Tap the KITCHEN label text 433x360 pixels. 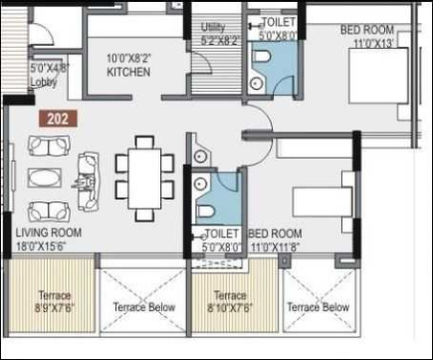[x=127, y=72]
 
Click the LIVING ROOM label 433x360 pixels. [x=48, y=233]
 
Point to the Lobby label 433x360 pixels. [x=44, y=82]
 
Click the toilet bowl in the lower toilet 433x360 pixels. [x=204, y=211]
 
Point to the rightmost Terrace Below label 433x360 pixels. [x=318, y=307]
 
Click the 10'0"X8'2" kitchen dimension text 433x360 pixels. [x=127, y=59]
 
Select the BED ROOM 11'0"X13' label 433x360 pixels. [x=368, y=36]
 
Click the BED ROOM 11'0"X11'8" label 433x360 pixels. [x=276, y=240]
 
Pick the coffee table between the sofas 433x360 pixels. [x=44, y=178]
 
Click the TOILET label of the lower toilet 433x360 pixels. [x=221, y=233]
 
